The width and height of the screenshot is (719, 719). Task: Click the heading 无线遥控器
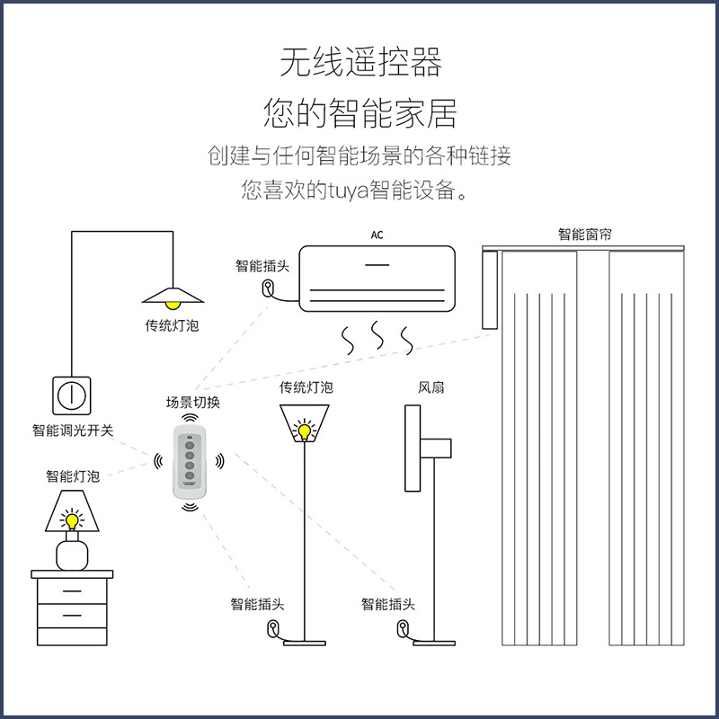click(x=359, y=64)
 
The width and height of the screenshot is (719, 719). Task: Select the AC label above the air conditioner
click(x=377, y=235)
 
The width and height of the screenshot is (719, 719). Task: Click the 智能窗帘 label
click(x=585, y=235)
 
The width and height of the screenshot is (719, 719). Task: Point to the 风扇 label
click(x=431, y=387)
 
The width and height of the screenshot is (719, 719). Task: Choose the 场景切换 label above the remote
click(x=192, y=403)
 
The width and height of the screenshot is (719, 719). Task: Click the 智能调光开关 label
click(x=73, y=431)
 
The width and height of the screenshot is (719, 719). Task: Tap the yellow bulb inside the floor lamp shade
click(x=306, y=431)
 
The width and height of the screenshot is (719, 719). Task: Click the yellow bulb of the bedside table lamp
click(x=72, y=519)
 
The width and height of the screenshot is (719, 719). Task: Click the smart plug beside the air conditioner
click(x=269, y=288)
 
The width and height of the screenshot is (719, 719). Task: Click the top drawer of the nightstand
click(x=73, y=592)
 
